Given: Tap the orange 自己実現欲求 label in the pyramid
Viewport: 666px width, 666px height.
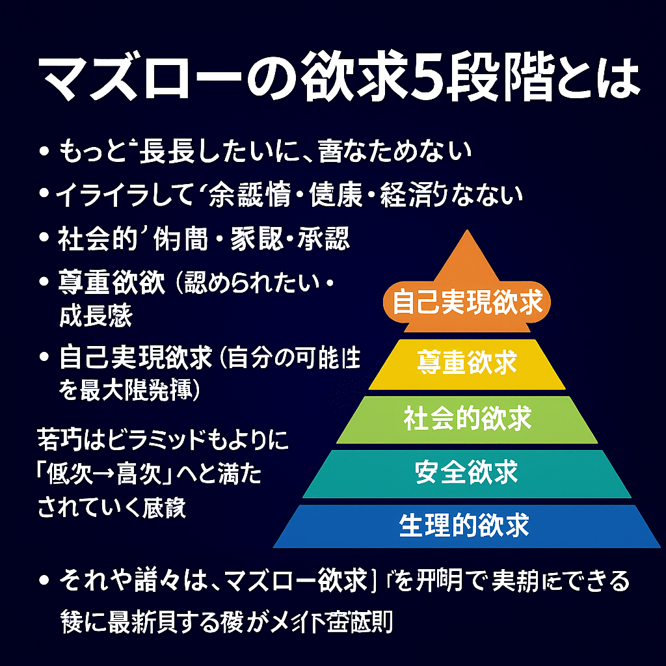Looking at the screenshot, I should pyautogui.click(x=468, y=302).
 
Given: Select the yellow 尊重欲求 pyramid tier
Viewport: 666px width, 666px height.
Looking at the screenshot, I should pyautogui.click(x=467, y=362).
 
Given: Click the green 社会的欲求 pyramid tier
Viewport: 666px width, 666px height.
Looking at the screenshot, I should pyautogui.click(x=467, y=418).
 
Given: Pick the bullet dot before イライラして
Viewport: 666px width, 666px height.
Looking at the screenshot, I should pyautogui.click(x=44, y=195).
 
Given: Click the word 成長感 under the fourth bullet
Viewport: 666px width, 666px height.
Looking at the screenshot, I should pyautogui.click(x=95, y=317).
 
